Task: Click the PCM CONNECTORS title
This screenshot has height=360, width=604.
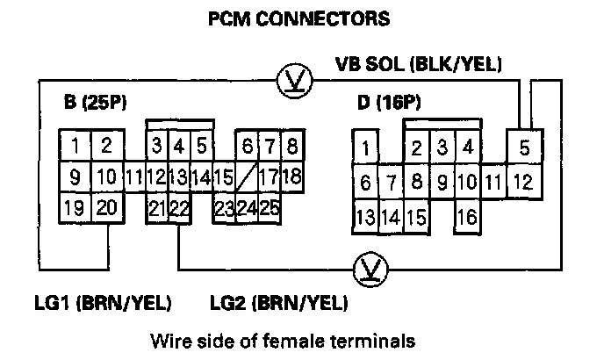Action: pyautogui.click(x=298, y=18)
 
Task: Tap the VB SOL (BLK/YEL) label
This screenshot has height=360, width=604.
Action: pyautogui.click(x=418, y=63)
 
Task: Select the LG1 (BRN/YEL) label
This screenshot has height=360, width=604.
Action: pyautogui.click(x=96, y=304)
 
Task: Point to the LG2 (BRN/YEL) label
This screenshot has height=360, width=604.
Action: pyautogui.click(x=278, y=304)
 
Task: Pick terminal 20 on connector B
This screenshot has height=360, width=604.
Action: pyautogui.click(x=106, y=209)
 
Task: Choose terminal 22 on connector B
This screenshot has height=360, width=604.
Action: pyautogui.click(x=180, y=209)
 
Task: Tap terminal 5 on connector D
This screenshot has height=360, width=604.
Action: pyautogui.click(x=524, y=148)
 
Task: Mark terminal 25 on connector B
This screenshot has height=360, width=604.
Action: pyautogui.click(x=270, y=209)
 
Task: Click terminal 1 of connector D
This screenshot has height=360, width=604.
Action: pyautogui.click(x=365, y=146)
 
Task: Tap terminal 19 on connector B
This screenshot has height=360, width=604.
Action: pyautogui.click(x=75, y=209)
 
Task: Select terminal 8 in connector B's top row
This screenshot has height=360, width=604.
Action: pyautogui.click(x=291, y=146)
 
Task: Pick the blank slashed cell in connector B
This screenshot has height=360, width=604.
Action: pyautogui.click(x=247, y=176)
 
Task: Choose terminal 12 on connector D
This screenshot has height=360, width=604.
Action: pyautogui.click(x=522, y=184)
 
